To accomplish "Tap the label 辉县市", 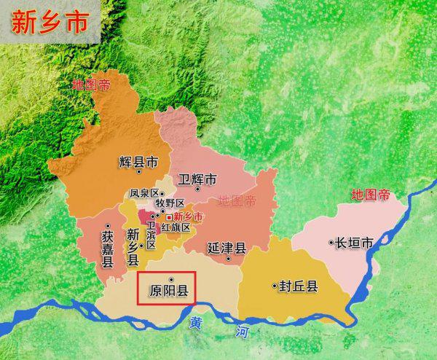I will (x=138, y=162).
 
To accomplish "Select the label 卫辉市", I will (x=198, y=179).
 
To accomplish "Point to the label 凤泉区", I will (x=143, y=194).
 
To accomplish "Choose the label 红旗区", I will (x=176, y=227).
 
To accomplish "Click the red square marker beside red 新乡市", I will (x=169, y=217).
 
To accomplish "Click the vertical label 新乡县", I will (x=132, y=246).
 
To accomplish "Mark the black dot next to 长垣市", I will (x=331, y=242).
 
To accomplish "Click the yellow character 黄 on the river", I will (x=195, y=321).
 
